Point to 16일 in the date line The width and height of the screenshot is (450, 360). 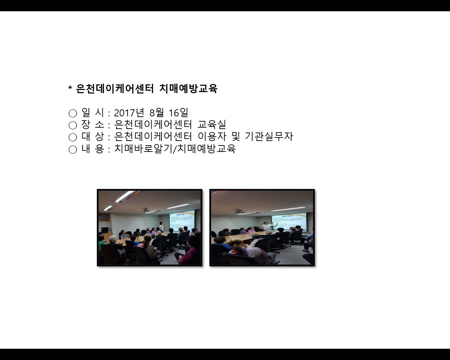point(179,113)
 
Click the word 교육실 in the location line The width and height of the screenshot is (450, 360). point(212,124)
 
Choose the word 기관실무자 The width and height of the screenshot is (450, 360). point(269,136)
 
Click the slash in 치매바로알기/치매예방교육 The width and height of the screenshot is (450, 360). point(175,149)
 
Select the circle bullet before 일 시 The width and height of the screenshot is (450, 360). point(73,113)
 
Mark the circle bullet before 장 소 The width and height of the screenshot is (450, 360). point(73,125)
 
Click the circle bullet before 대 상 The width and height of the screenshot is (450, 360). point(73,137)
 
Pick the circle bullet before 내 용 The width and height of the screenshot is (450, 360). point(73,149)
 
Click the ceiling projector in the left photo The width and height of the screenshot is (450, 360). point(146,210)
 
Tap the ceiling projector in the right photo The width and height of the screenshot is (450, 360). point(239,211)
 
